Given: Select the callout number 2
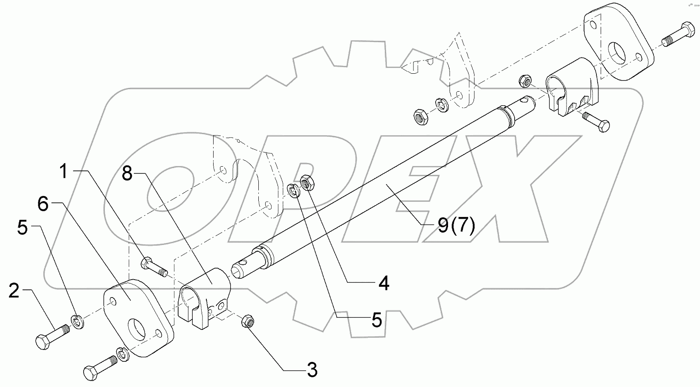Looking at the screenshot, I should (14, 292).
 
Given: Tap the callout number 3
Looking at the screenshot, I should (312, 370).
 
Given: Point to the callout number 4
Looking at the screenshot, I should (384, 283).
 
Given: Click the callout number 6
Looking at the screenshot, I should (43, 204).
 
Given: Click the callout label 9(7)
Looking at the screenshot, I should (456, 226).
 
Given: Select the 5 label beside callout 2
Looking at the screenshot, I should (23, 228).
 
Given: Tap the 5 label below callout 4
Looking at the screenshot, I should (376, 320).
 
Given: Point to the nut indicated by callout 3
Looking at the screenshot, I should (247, 321).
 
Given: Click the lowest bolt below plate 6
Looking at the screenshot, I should (101, 367).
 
